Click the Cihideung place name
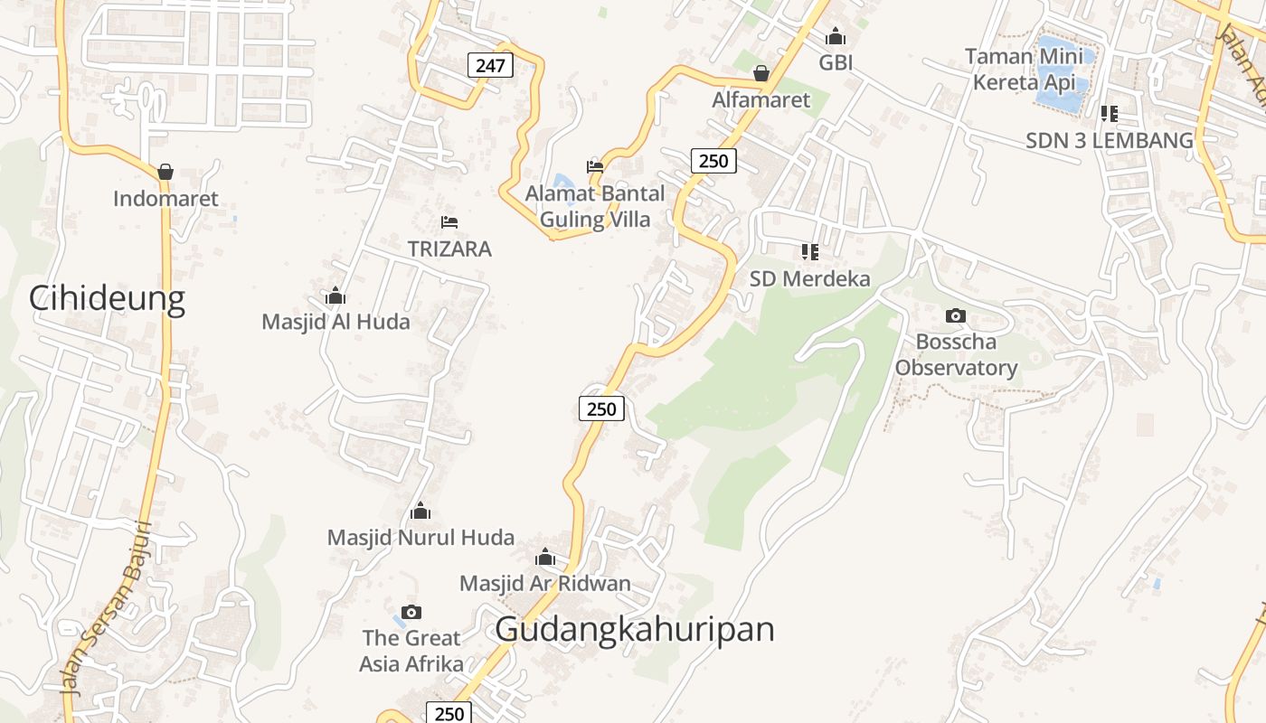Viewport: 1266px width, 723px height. (107, 297)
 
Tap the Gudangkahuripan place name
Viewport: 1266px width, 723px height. (635, 629)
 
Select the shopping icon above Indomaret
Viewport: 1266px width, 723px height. (165, 172)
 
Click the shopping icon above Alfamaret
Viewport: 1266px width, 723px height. (761, 73)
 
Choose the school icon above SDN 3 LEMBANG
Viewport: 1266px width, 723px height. (1110, 114)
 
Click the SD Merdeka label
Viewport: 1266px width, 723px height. (810, 278)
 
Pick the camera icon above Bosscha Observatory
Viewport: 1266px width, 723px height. (956, 315)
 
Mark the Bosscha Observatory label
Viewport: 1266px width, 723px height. (957, 355)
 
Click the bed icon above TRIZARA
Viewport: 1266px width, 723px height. (449, 221)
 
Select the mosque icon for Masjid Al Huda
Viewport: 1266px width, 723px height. (335, 296)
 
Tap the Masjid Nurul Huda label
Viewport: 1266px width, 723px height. (420, 538)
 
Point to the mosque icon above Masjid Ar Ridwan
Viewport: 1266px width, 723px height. (545, 557)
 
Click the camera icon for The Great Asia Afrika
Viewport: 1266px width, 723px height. (411, 612)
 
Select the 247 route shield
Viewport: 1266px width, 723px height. (491, 65)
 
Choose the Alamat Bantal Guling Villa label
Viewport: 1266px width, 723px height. (595, 206)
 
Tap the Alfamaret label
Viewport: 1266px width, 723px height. (761, 99)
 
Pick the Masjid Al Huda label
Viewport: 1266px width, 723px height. (335, 322)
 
